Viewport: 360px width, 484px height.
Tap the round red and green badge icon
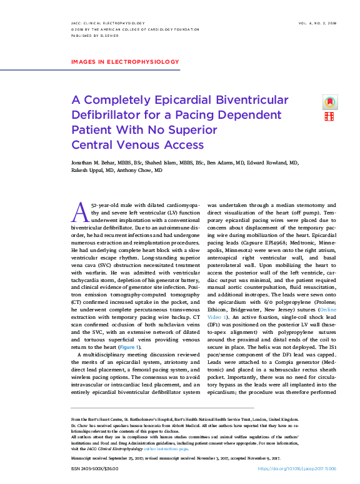329,102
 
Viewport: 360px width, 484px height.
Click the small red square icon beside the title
329,116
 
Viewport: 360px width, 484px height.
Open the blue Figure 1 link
130,347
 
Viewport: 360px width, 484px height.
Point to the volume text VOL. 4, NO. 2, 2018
314,22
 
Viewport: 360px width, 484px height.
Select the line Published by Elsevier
89,36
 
